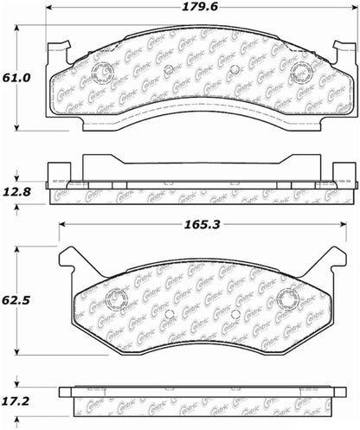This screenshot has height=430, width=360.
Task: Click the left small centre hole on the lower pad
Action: (170, 314)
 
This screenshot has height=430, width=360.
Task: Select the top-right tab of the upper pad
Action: (349, 48)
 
